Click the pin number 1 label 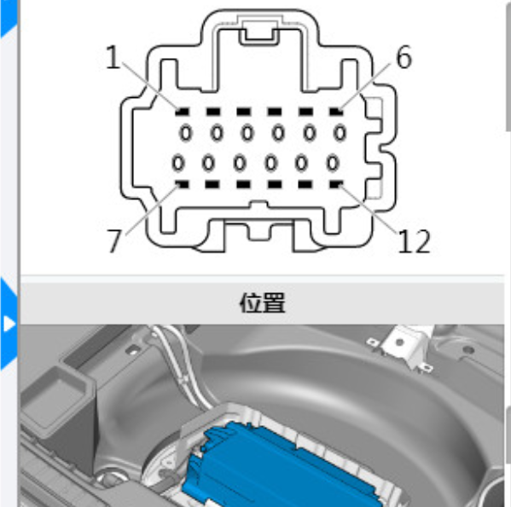pyautogui.click(x=113, y=56)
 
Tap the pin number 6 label pyautogui.click(x=404, y=57)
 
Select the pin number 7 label pyautogui.click(x=114, y=240)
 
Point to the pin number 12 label pyautogui.click(x=414, y=241)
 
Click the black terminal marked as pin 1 pyautogui.click(x=183, y=112)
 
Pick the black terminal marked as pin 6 pyautogui.click(x=336, y=112)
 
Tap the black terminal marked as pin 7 pyautogui.click(x=182, y=185)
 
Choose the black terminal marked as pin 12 pyautogui.click(x=336, y=185)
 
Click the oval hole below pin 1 pyautogui.click(x=186, y=133)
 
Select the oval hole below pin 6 pyautogui.click(x=340, y=133)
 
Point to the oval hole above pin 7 pyautogui.click(x=178, y=163)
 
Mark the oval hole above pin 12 pyautogui.click(x=333, y=163)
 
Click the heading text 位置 pyautogui.click(x=263, y=302)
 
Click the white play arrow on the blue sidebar pyautogui.click(x=9, y=324)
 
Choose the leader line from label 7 pyautogui.click(x=152, y=210)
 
